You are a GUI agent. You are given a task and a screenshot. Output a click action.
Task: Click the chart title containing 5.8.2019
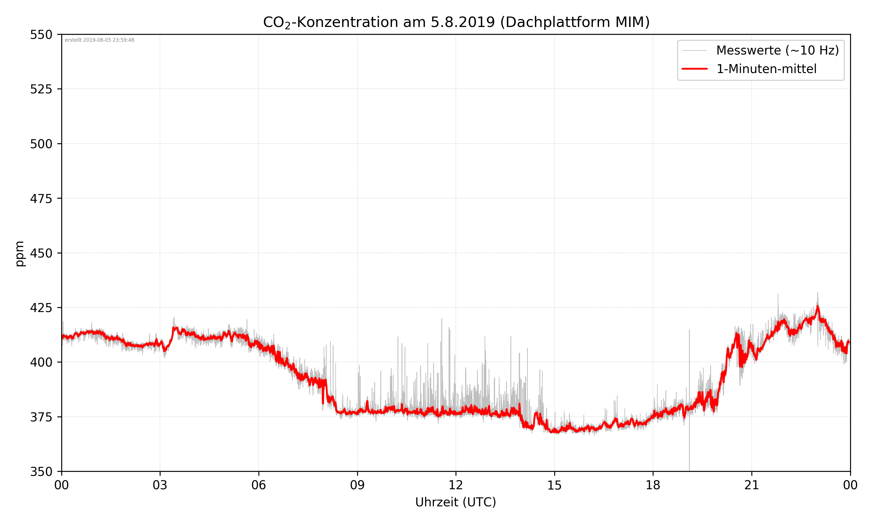456,22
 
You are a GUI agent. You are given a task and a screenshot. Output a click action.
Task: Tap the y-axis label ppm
20,254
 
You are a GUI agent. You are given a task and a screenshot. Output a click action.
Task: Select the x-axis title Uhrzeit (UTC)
456,502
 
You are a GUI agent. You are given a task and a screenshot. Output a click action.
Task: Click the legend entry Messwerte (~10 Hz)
777,50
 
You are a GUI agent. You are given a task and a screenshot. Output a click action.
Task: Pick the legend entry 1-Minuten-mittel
766,69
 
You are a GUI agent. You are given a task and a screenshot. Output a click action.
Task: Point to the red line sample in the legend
694,69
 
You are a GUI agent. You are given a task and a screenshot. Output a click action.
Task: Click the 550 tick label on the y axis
41,35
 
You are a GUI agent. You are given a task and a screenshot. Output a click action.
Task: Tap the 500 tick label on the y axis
41,144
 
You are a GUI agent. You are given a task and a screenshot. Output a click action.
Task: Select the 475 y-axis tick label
41,199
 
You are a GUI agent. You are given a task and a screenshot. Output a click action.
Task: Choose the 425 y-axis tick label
41,308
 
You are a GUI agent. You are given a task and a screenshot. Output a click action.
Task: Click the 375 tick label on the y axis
41,417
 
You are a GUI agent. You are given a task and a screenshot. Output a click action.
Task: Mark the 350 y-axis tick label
41,472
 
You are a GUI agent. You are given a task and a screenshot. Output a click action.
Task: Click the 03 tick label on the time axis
160,485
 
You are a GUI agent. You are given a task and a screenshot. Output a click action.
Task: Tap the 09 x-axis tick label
357,485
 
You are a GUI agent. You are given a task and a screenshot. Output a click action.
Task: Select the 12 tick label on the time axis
456,485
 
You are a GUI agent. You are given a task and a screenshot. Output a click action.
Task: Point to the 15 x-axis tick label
554,485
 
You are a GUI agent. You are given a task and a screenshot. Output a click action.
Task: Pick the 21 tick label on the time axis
751,485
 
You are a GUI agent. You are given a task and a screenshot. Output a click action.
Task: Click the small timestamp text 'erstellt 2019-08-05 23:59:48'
99,40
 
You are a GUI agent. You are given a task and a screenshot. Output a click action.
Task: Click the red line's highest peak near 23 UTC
818,307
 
